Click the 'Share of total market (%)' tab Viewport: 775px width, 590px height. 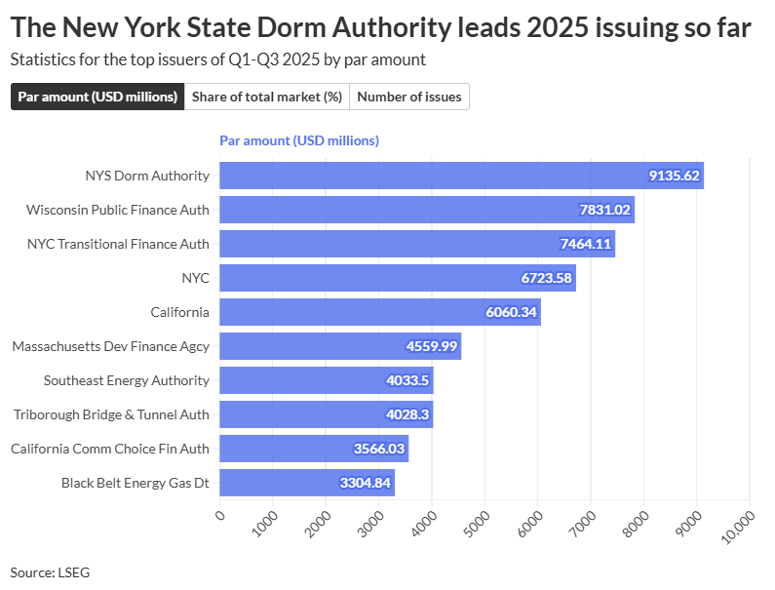pyautogui.click(x=266, y=97)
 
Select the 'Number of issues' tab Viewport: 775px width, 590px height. pyautogui.click(x=408, y=97)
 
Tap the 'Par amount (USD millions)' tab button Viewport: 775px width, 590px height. pyautogui.click(x=97, y=97)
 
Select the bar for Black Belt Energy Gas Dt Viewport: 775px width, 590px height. pyautogui.click(x=306, y=483)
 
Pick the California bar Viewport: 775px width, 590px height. pyautogui.click(x=379, y=312)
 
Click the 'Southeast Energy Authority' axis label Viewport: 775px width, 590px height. pyautogui.click(x=127, y=380)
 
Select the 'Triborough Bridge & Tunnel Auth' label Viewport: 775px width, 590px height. pyautogui.click(x=111, y=414)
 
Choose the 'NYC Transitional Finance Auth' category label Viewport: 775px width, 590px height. pyautogui.click(x=118, y=244)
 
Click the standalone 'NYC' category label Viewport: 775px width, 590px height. pyautogui.click(x=195, y=278)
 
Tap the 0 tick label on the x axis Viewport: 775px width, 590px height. pyautogui.click(x=220, y=516)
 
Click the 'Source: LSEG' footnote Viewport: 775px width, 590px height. pyautogui.click(x=50, y=572)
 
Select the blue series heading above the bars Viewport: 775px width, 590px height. pyautogui.click(x=299, y=140)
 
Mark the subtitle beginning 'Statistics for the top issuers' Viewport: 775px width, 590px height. pyautogui.click(x=217, y=59)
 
